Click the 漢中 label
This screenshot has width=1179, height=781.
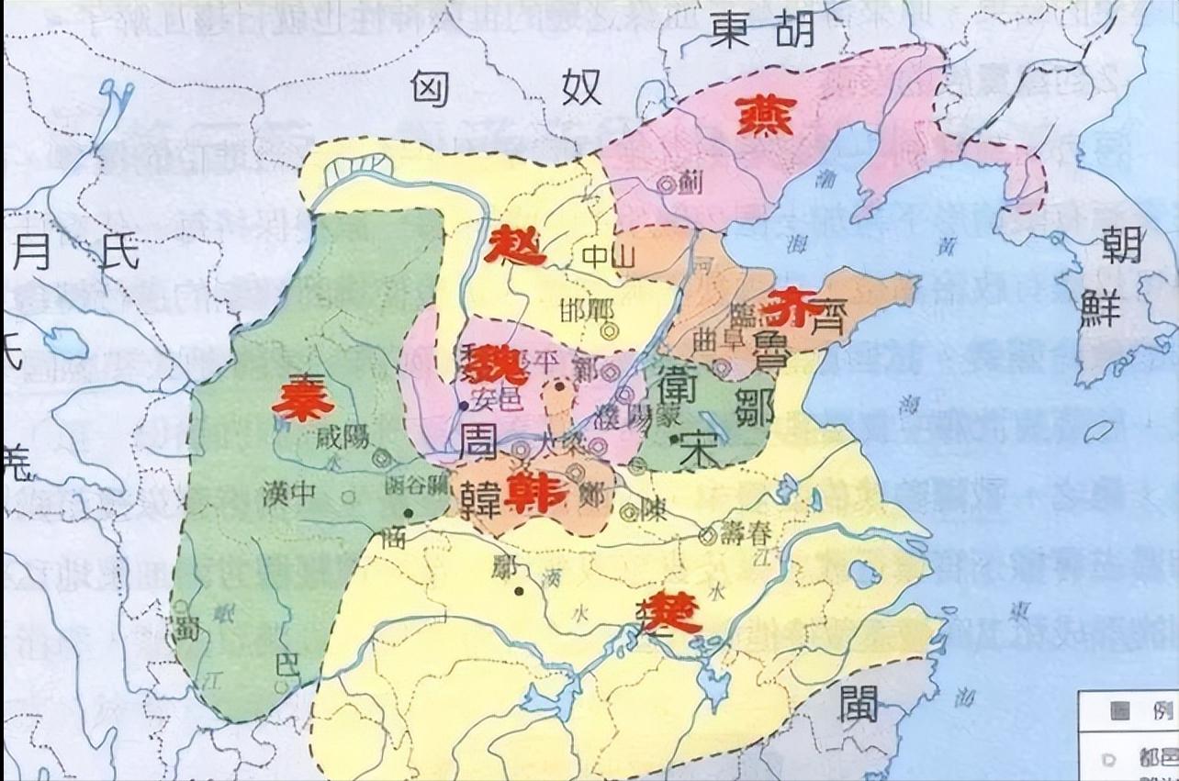(290, 495)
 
